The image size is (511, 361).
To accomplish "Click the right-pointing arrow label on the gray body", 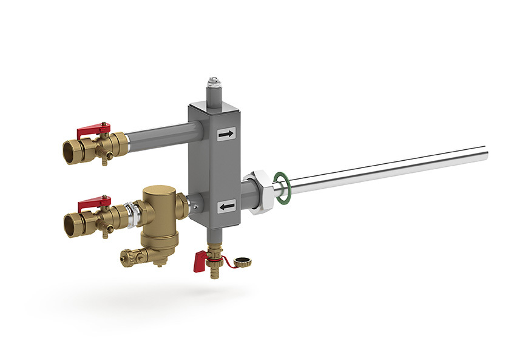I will click(x=226, y=135).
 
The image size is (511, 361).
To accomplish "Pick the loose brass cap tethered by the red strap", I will click(x=245, y=263).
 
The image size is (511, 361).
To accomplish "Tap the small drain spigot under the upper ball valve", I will click(x=105, y=160).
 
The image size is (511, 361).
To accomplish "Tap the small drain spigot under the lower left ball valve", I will click(x=106, y=232).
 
